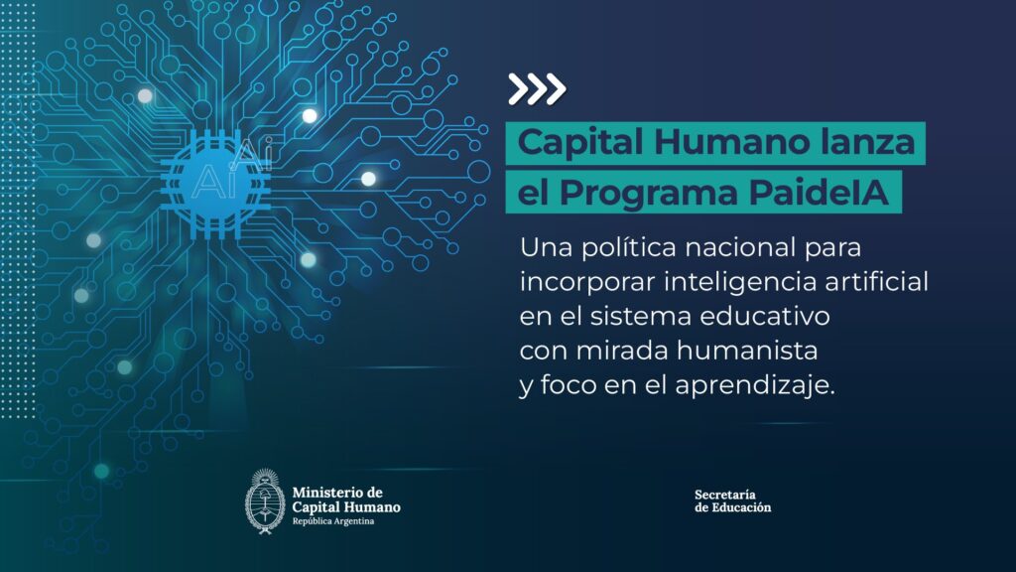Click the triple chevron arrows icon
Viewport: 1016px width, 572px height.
click(537, 88)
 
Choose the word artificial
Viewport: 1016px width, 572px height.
click(877, 281)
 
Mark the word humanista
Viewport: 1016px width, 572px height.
click(748, 351)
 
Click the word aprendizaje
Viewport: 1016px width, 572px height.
click(755, 386)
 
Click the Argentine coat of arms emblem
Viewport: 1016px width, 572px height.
click(264, 501)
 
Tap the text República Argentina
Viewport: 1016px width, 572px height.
click(333, 521)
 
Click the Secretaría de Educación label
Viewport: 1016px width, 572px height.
click(733, 501)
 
